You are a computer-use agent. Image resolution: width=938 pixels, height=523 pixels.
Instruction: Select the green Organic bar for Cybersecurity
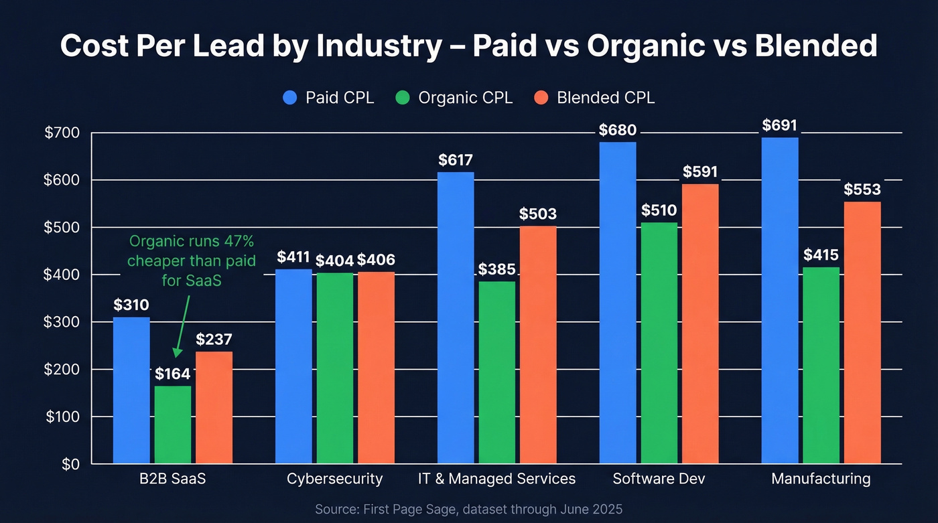coord(334,368)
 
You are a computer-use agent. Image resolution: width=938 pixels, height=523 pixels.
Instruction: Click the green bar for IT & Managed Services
coord(496,372)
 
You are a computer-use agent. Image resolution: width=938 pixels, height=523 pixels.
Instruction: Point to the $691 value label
coord(780,125)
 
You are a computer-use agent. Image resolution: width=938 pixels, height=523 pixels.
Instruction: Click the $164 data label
coord(173,374)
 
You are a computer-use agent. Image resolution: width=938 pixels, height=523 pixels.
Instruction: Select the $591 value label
coord(700,172)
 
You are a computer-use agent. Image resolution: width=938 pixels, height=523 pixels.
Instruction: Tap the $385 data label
coord(496,269)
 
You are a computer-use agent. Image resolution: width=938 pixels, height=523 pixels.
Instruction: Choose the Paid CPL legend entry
coord(328,98)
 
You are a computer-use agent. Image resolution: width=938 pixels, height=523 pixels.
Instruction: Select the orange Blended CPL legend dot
coord(543,98)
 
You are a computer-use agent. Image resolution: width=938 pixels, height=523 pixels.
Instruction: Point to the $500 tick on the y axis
coord(62,228)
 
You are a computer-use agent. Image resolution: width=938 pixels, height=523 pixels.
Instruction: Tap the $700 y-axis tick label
coord(62,133)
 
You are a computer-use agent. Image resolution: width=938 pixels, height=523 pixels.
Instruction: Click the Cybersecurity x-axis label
coord(334,479)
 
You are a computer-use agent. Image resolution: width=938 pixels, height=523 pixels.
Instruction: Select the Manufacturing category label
coord(821,479)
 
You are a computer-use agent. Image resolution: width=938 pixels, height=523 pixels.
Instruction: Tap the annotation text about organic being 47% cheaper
coord(192,260)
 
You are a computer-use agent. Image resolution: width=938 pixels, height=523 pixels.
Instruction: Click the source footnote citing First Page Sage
coord(469,509)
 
